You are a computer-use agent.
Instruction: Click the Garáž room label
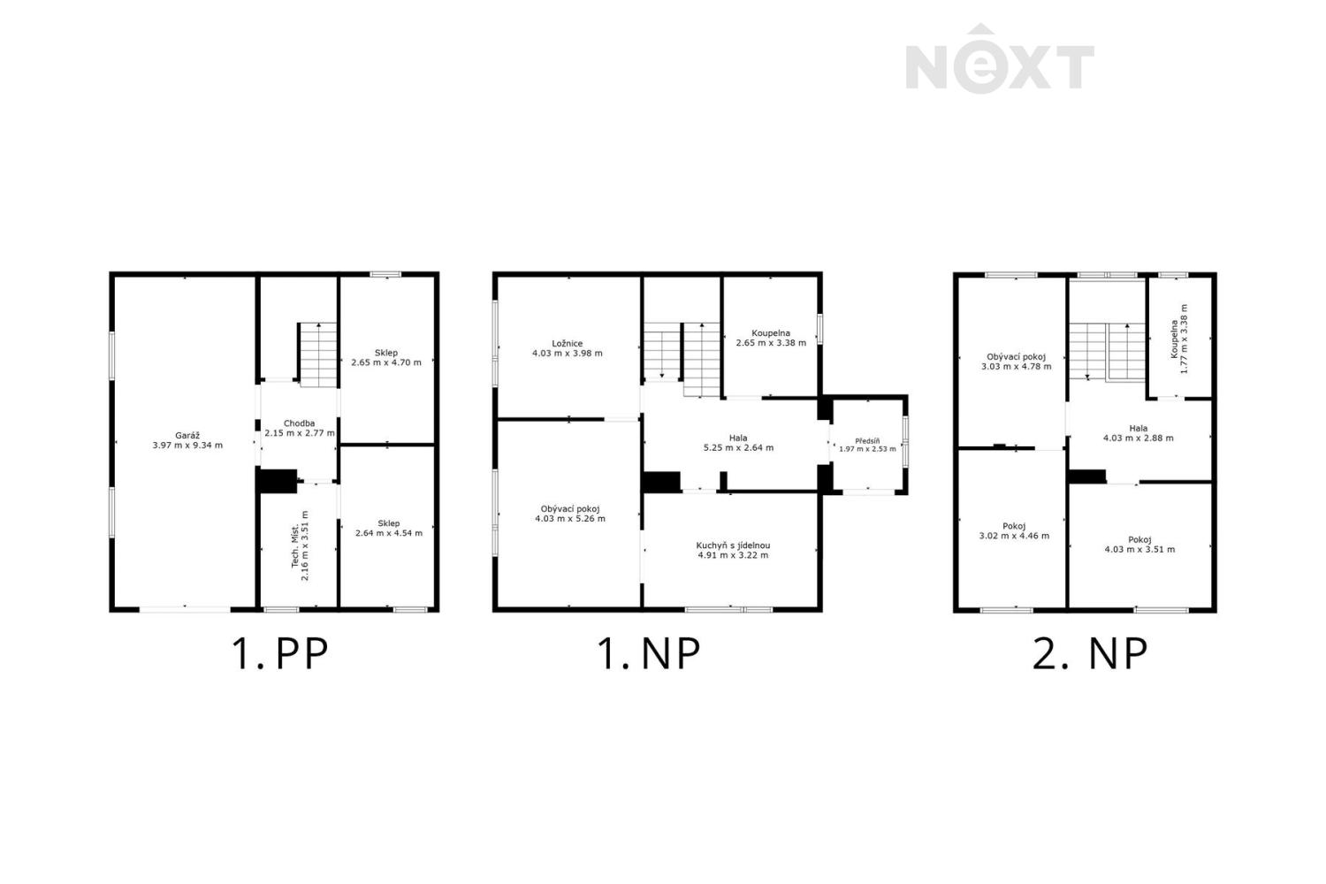[187, 436]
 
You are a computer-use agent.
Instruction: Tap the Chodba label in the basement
[299, 423]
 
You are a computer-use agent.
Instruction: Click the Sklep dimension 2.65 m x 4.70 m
[386, 362]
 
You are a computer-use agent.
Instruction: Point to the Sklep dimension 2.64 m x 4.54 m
[389, 533]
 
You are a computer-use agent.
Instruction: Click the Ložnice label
[568, 343]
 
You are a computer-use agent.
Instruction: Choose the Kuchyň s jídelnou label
[733, 546]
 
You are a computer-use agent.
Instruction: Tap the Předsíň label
[867, 441]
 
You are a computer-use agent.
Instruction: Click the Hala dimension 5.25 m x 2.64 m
[738, 447]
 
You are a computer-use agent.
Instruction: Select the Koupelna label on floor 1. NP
[771, 333]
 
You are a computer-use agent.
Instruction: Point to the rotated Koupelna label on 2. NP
[1174, 339]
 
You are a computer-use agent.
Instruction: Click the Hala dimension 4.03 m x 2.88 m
[1139, 438]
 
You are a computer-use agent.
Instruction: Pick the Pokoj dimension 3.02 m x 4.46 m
[1014, 536]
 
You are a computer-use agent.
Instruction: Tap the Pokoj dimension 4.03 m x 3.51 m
[1139, 550]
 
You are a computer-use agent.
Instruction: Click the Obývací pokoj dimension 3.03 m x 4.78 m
[1017, 367]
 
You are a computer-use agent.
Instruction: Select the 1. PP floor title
[279, 653]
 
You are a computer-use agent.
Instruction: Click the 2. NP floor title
[1090, 653]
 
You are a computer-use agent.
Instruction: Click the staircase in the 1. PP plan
[317, 354]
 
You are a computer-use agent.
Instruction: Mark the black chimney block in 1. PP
[278, 480]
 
